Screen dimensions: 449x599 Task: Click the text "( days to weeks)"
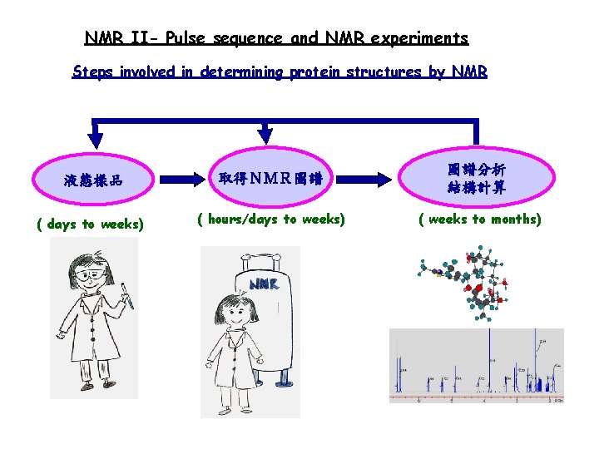(90, 224)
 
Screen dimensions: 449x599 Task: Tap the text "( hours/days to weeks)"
(270, 220)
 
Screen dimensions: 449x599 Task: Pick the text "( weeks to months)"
(480, 220)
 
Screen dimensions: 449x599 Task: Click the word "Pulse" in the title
(188, 38)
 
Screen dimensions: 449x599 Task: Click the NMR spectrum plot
(476, 366)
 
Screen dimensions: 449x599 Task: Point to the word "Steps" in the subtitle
(92, 72)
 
